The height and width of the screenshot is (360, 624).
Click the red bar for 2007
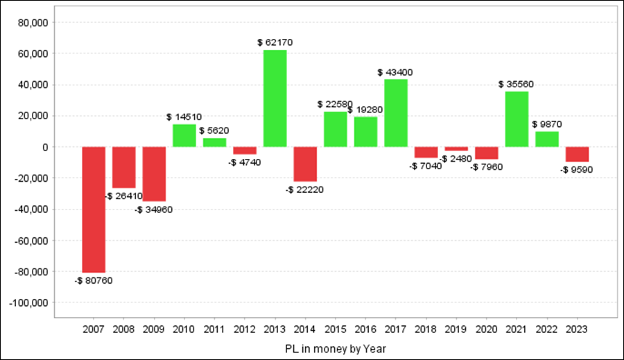[x=94, y=209]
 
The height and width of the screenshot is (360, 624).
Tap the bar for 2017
[x=396, y=113]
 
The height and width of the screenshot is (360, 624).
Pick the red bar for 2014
[x=305, y=164]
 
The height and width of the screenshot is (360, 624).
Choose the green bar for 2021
[x=517, y=119]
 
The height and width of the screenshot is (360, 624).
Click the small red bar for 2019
[x=456, y=149]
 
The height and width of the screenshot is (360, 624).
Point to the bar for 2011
[x=214, y=143]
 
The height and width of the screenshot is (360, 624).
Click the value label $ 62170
[x=275, y=42]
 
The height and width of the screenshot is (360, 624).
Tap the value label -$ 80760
[x=94, y=281]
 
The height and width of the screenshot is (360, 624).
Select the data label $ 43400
[x=396, y=72]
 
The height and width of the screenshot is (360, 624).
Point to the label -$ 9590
[x=577, y=169]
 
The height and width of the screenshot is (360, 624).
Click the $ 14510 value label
[x=184, y=117]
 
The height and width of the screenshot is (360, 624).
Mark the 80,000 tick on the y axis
[x=33, y=22]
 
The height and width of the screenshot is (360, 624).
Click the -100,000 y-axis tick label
[x=28, y=303]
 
